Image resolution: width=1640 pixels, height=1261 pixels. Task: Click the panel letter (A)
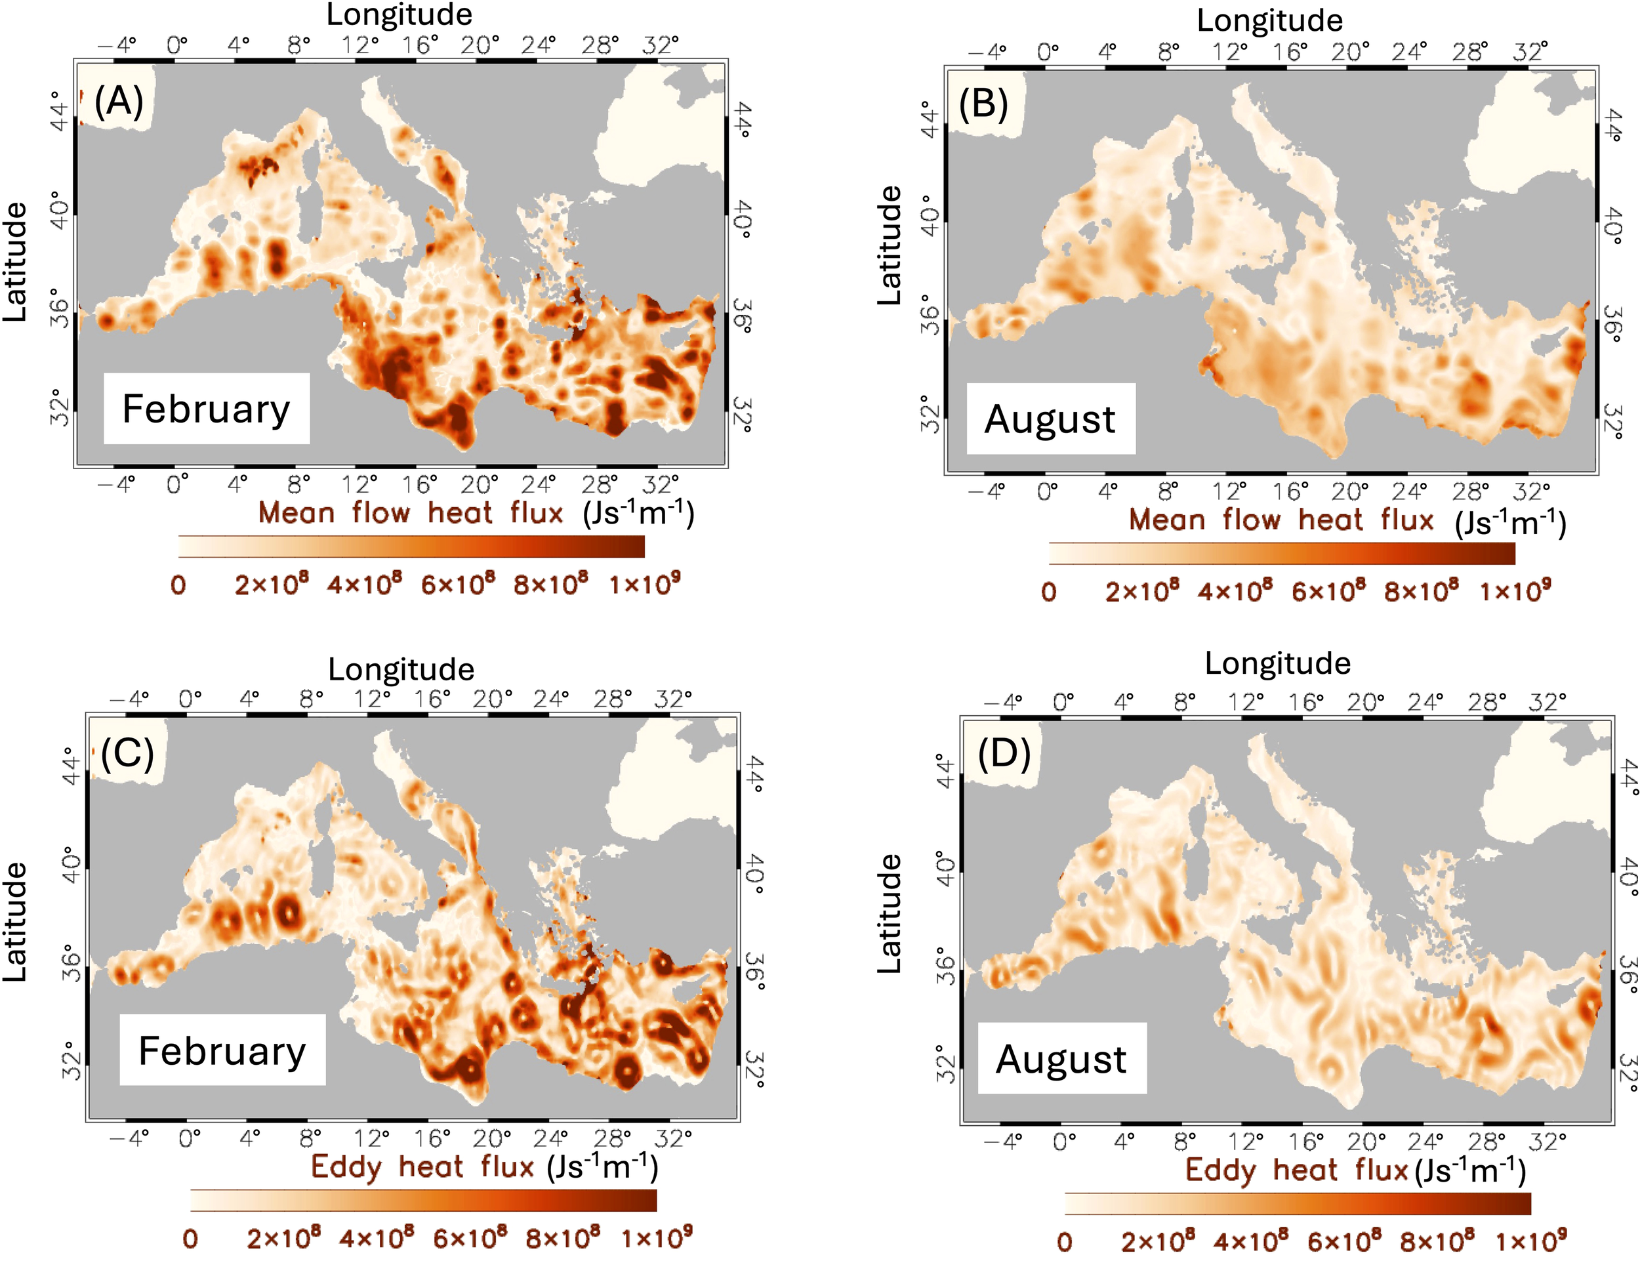coord(119,101)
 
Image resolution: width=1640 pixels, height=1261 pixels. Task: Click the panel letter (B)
coord(983,104)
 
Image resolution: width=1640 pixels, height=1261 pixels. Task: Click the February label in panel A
coord(206,409)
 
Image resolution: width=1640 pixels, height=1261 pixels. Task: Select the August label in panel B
coord(1050,419)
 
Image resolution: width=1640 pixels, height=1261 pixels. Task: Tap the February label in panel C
coord(222,1051)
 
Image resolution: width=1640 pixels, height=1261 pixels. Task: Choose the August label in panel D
coord(1061,1059)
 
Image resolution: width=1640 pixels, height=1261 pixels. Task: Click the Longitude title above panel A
coord(400,15)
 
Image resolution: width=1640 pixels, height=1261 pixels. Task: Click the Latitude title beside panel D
coord(890,913)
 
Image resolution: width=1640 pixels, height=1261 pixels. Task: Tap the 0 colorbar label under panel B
coord(1048,592)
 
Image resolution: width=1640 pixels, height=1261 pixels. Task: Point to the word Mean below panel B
coord(1167,520)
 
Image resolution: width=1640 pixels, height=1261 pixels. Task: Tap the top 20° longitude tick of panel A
coord(479,46)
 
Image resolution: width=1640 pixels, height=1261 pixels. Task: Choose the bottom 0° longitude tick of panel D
coord(1063,1142)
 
